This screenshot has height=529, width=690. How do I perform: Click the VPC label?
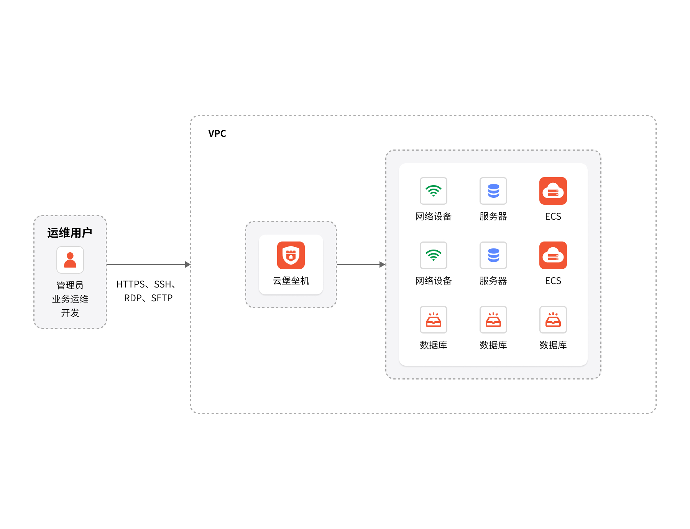tap(217, 133)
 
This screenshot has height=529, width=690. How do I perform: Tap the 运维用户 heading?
tap(70, 233)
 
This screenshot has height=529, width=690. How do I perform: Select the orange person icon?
tap(70, 260)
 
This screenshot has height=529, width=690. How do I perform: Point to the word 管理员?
tap(70, 285)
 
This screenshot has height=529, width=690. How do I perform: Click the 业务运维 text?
tap(70, 299)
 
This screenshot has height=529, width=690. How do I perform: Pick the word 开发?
tap(70, 313)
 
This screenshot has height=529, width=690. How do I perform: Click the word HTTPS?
tap(130, 284)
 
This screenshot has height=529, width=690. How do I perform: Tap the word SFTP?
tap(162, 298)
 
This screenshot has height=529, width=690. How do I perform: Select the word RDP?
tap(133, 298)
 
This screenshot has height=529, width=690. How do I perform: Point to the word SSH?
tap(163, 284)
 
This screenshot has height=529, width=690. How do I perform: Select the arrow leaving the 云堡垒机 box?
tap(361, 264)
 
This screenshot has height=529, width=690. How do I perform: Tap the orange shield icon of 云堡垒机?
tap(291, 255)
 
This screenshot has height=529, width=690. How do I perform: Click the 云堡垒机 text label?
tap(291, 281)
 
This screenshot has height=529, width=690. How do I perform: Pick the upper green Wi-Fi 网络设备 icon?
tap(434, 191)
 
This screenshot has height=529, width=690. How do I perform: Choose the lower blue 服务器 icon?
tap(493, 255)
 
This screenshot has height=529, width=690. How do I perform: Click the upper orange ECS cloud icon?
tap(553, 191)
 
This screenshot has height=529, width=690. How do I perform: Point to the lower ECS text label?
tap(553, 281)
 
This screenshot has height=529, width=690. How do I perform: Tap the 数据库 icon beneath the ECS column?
tap(553, 320)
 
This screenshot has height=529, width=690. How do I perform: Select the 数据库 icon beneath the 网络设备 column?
tap(434, 320)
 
